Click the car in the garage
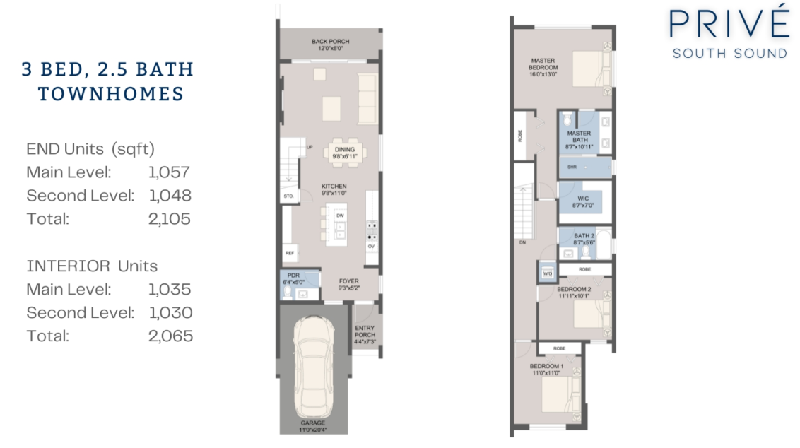click(313, 367)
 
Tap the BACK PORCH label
click(331, 45)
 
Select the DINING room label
click(345, 153)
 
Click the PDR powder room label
click(293, 278)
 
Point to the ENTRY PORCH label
click(365, 335)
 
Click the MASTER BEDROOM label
click(543, 67)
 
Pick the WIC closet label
click(583, 202)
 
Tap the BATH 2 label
click(584, 240)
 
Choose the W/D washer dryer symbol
click(548, 273)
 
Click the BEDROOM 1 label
click(546, 370)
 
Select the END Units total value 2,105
click(170, 219)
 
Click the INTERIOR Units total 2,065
click(170, 336)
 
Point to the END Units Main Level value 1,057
click(169, 172)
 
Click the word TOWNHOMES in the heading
click(111, 94)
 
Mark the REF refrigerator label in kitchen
click(290, 253)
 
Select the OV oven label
click(372, 247)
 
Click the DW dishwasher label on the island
click(341, 216)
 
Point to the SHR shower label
click(572, 167)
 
